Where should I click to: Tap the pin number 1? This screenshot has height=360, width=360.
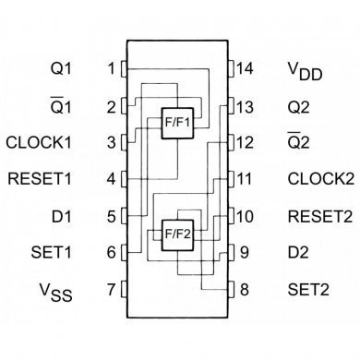(112, 68)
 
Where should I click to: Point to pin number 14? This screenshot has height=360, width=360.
(245, 68)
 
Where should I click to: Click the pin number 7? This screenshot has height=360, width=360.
(112, 290)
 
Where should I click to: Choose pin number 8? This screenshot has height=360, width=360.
(245, 290)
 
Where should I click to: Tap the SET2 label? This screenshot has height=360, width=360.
(307, 290)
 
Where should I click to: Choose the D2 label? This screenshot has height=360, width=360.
(297, 253)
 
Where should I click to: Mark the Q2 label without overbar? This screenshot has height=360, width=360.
(297, 105)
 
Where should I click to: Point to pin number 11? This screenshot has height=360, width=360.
(245, 179)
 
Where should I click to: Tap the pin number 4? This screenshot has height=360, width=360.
(112, 179)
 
